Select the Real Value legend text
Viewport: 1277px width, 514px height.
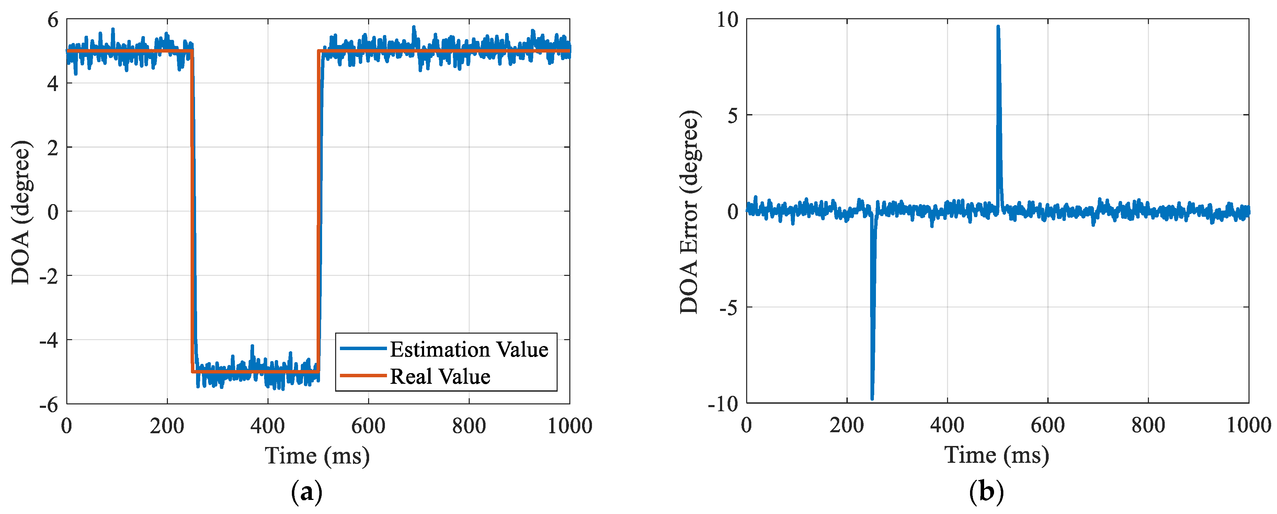pyautogui.click(x=440, y=376)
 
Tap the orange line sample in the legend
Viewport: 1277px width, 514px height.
pyautogui.click(x=363, y=376)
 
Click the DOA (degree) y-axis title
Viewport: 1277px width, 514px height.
pyautogui.click(x=21, y=212)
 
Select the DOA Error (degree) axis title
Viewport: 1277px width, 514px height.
pyautogui.click(x=689, y=212)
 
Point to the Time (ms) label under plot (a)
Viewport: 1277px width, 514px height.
pyautogui.click(x=317, y=456)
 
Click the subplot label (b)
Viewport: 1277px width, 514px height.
pyautogui.click(x=986, y=492)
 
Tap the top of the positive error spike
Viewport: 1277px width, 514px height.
pyautogui.click(x=998, y=27)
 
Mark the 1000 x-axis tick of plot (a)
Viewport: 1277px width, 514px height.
pyautogui.click(x=570, y=426)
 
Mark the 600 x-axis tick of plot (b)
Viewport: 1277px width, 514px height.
pyautogui.click(x=1048, y=425)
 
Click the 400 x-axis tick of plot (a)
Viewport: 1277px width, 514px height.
pyautogui.click(x=268, y=426)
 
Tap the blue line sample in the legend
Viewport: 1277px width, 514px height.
pyautogui.click(x=363, y=349)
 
